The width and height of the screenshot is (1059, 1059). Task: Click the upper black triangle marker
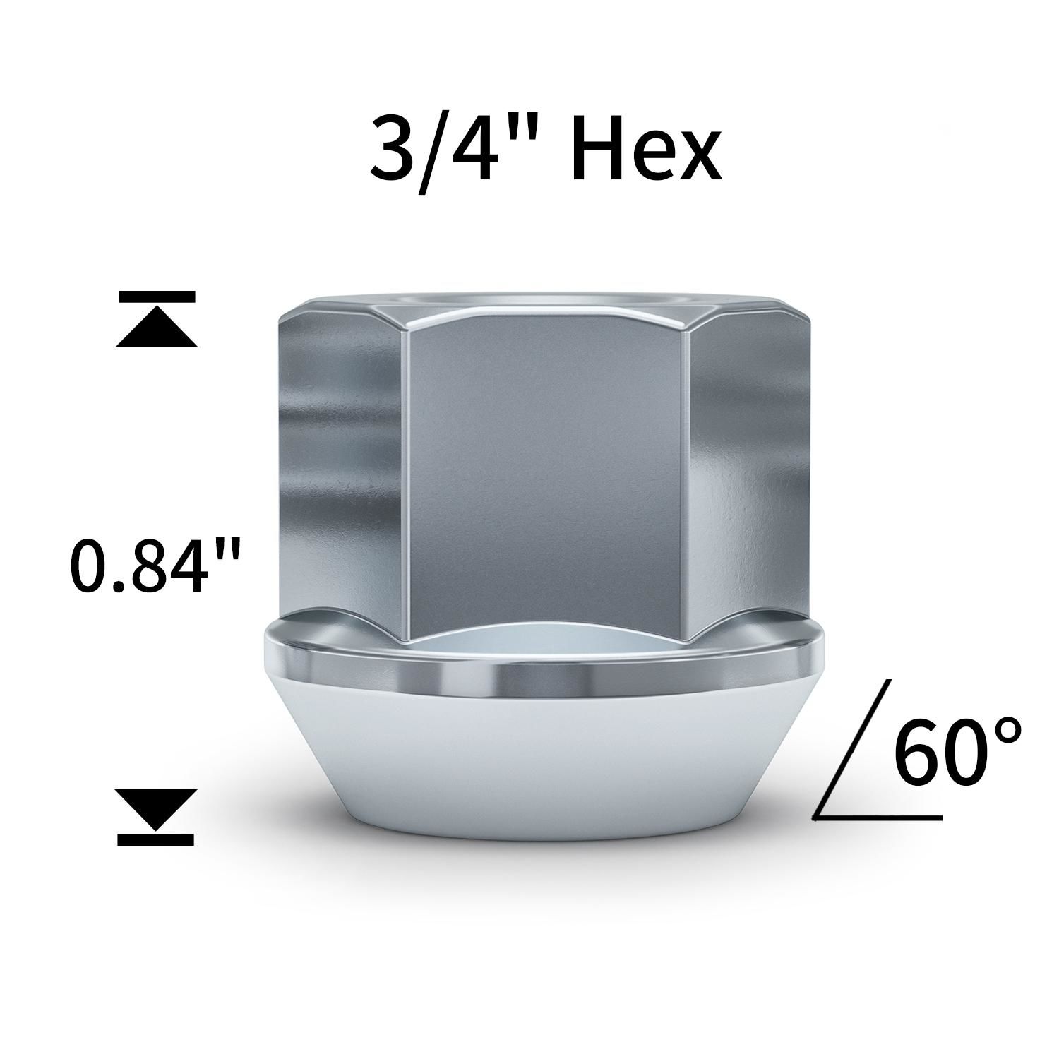pyautogui.click(x=156, y=330)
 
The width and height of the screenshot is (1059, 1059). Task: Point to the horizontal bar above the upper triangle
pyautogui.click(x=156, y=297)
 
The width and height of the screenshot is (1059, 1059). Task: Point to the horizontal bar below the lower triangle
pyautogui.click(x=156, y=839)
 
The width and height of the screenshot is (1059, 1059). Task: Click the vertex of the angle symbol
pyautogui.click(x=815, y=818)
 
